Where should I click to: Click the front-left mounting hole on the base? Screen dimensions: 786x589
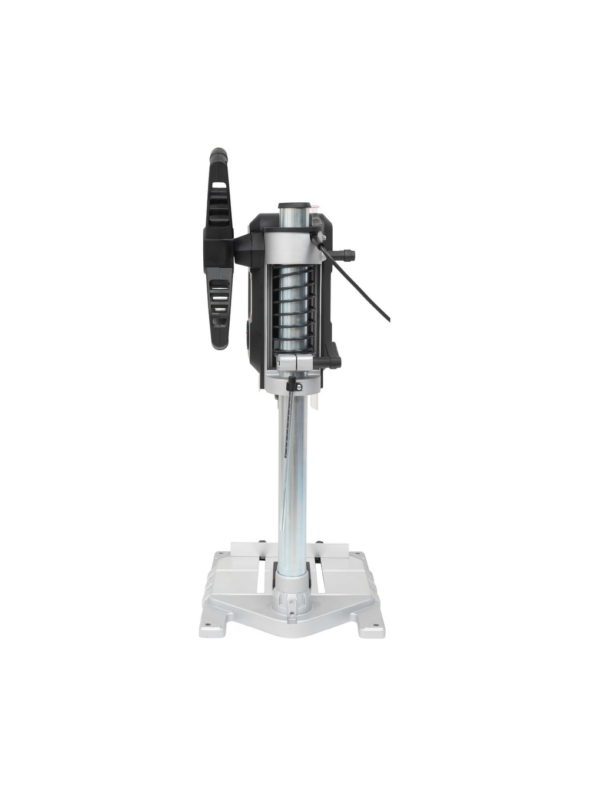click(211, 626)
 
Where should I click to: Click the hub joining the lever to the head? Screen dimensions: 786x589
click(241, 248)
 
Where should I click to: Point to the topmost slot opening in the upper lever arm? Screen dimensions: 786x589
click(219, 185)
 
